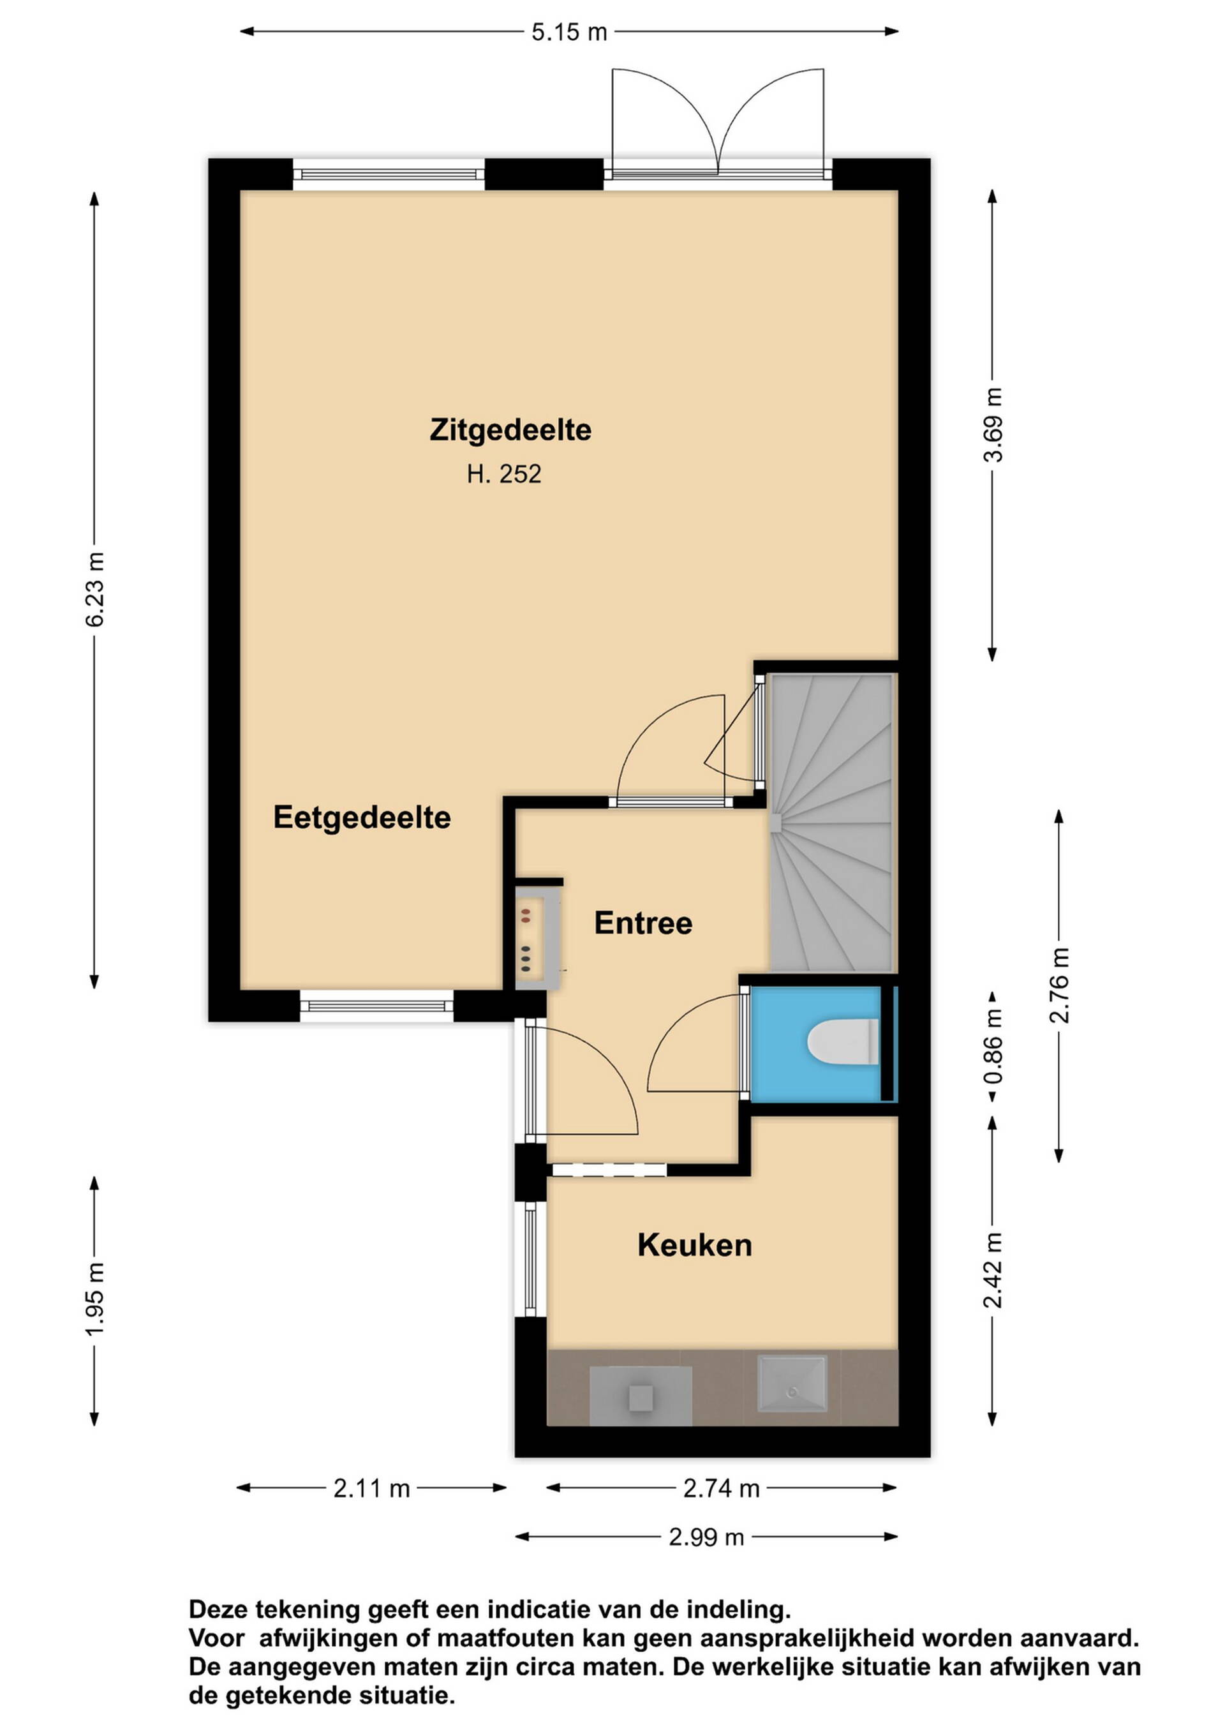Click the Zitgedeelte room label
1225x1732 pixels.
(510, 430)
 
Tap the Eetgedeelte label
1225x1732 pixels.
(362, 817)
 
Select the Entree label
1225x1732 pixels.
(643, 923)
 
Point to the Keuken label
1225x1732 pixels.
(695, 1246)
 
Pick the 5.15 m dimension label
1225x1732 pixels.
(570, 32)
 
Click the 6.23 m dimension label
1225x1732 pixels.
(95, 589)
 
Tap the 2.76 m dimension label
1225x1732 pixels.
(1059, 985)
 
